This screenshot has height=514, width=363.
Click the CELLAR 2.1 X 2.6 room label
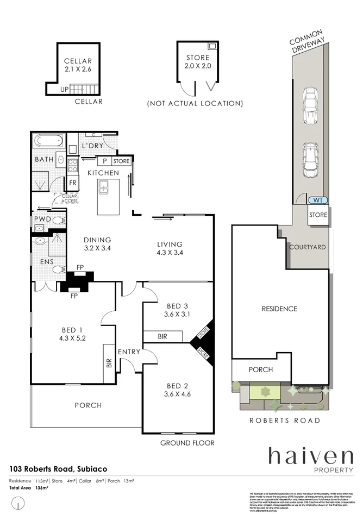pyautogui.click(x=78, y=65)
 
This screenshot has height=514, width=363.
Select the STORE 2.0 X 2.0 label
pyautogui.click(x=198, y=62)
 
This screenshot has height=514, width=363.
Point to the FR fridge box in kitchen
pyautogui.click(x=73, y=183)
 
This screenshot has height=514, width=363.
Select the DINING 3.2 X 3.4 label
pyautogui.click(x=97, y=244)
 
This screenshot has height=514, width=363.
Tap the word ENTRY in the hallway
pyautogui.click(x=128, y=352)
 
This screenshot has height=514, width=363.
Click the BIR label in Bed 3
pyautogui.click(x=161, y=337)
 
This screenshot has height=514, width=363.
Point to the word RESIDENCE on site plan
pyautogui.click(x=279, y=309)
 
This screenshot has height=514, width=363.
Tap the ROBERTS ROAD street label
pyautogui.click(x=284, y=420)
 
